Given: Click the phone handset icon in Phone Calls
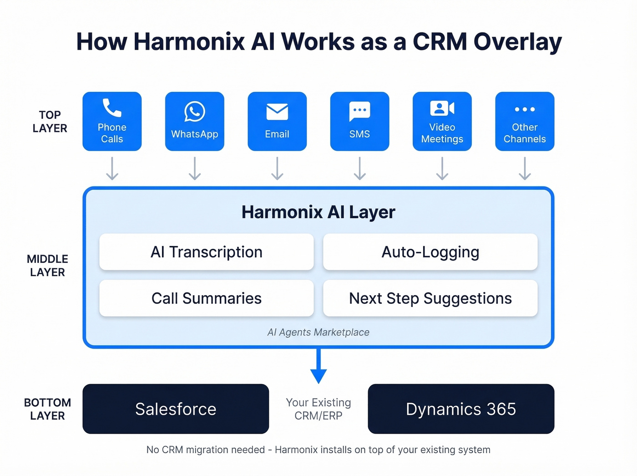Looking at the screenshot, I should [x=112, y=108].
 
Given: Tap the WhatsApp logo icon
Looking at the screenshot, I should [x=195, y=112].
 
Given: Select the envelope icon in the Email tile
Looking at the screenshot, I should [x=277, y=112].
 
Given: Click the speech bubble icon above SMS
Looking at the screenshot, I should [x=359, y=111].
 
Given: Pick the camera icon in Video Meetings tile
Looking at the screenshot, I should [x=442, y=108].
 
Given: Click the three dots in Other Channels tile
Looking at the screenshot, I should [x=525, y=109].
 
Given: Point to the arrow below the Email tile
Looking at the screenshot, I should [x=277, y=169].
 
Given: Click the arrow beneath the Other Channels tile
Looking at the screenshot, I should [x=525, y=169].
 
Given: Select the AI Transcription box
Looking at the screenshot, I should [x=207, y=252].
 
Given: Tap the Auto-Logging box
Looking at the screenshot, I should [x=430, y=252].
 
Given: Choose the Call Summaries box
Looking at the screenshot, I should [x=207, y=298].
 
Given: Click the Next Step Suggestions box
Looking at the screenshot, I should [x=430, y=298].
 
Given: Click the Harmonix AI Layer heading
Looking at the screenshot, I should [x=318, y=212].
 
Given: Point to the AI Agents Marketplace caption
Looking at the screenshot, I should [x=318, y=333].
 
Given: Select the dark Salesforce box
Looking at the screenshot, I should [x=176, y=409].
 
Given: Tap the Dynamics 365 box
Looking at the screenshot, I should [x=461, y=409].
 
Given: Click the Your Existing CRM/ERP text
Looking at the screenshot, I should [x=318, y=409].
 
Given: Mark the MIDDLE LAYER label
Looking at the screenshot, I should [x=47, y=266].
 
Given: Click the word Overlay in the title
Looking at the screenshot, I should [x=517, y=42].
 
